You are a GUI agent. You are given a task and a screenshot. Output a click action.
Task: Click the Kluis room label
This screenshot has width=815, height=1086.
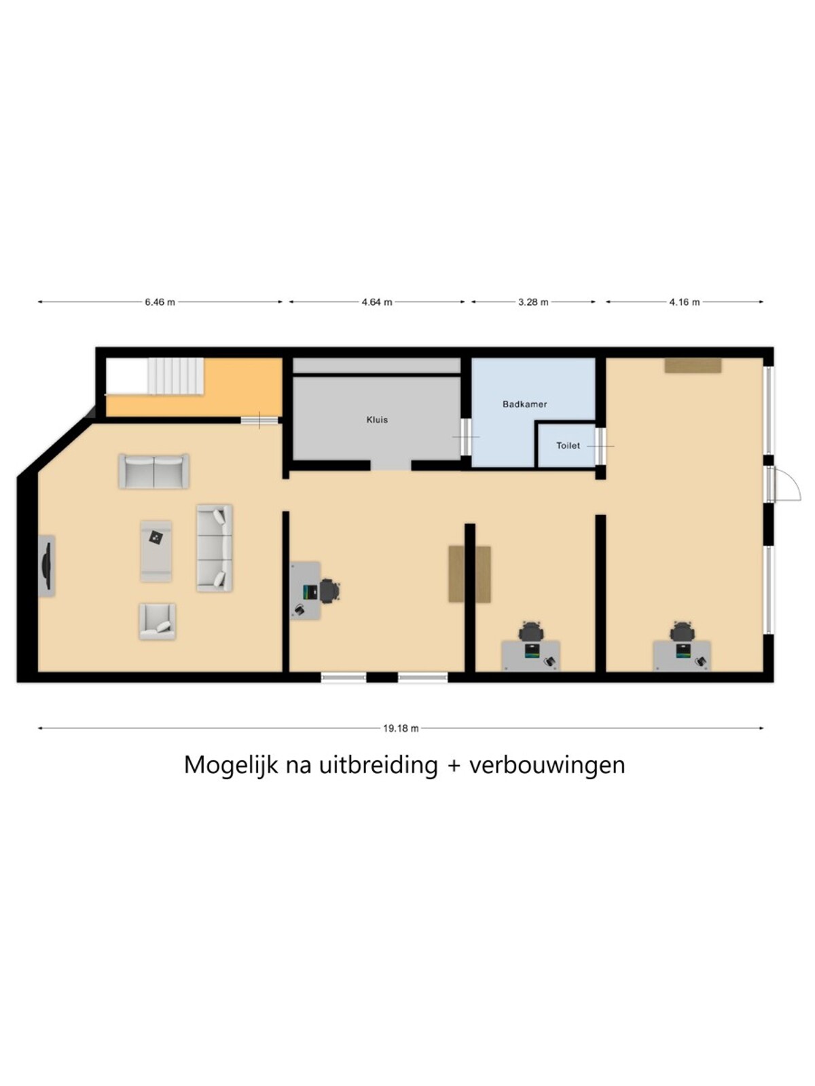376,419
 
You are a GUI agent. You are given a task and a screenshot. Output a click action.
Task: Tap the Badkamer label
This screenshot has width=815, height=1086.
524,405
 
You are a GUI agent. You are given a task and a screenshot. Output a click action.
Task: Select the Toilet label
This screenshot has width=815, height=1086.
568,446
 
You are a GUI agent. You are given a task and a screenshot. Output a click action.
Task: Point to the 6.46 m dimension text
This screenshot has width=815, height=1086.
160,302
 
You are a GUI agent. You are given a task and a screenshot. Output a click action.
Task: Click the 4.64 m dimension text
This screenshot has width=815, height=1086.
376,302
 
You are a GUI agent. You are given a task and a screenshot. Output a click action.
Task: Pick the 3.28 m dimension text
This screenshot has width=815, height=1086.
533,302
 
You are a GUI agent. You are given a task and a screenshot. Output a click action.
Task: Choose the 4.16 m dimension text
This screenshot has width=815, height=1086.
685,302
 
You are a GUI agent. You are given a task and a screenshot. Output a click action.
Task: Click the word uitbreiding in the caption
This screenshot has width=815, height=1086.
378,766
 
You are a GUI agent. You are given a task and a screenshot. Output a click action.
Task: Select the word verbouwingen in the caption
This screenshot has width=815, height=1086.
547,766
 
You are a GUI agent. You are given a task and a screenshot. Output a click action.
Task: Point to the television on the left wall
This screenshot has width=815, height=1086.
46,565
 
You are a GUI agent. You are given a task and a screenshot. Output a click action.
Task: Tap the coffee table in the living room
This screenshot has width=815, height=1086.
156,550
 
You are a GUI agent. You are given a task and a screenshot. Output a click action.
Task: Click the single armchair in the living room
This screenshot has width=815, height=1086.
158,622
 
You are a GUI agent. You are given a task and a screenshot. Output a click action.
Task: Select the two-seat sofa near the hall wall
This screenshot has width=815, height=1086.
154,472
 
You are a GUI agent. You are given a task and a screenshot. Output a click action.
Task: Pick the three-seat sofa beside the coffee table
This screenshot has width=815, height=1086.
215,548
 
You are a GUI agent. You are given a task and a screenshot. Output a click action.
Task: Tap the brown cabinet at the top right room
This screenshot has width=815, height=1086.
693,366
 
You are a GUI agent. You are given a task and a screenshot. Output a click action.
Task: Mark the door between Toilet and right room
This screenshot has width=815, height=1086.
601,446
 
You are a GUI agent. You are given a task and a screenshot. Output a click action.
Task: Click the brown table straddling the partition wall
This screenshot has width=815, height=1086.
469,574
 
